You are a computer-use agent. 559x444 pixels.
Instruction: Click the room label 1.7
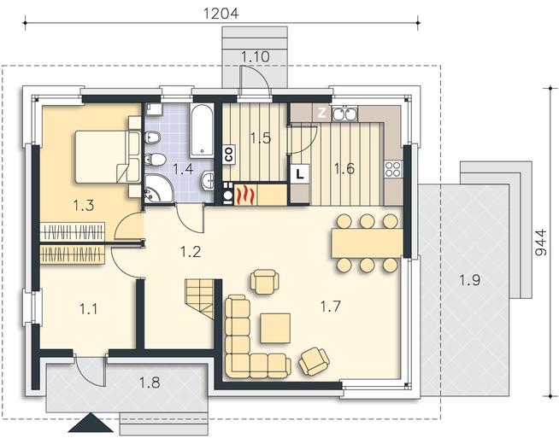pos(331,307)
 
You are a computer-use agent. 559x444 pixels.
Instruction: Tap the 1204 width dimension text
pos(221,13)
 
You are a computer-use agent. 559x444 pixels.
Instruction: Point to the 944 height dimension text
pos(541,242)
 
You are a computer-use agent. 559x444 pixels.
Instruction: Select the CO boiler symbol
pos(229,155)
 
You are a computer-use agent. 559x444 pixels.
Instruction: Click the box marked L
pos(300,174)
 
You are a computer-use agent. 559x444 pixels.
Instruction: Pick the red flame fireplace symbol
pos(245,196)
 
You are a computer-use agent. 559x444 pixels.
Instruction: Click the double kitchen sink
pos(344,114)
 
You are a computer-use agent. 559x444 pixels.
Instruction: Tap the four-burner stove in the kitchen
pos(393,169)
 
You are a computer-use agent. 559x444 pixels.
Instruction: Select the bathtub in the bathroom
pos(202,131)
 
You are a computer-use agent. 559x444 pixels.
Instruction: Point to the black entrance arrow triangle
pos(91,423)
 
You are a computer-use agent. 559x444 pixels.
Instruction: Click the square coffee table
pos(275,328)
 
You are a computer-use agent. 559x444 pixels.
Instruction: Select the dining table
pos(368,242)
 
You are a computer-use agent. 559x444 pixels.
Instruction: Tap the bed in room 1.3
pos(108,157)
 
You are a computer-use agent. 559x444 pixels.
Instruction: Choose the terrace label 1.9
pos(469,281)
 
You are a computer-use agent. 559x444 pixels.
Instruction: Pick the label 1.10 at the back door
pos(256,56)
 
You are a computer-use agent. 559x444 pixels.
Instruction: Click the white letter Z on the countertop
pos(322,113)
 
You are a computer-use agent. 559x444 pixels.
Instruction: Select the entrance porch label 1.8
pos(150,383)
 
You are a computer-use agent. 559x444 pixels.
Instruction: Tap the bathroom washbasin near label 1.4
pos(208,180)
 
